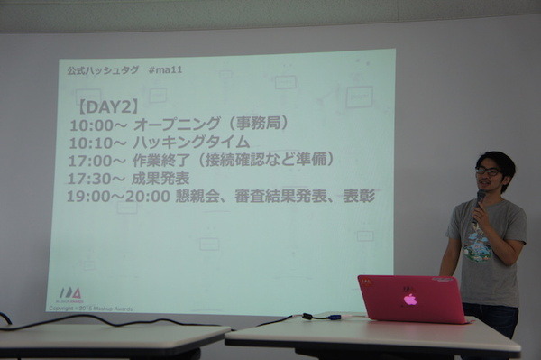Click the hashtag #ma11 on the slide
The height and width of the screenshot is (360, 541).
click(x=164, y=70)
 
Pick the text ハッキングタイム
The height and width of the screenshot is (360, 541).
click(x=190, y=143)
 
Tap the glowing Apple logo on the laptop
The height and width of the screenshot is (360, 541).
click(x=410, y=299)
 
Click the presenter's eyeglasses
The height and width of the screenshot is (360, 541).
click(x=488, y=171)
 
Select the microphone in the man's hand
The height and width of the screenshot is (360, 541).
click(x=479, y=199)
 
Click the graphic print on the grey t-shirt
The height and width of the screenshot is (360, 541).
click(x=480, y=243)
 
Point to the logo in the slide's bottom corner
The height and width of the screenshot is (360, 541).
click(x=69, y=294)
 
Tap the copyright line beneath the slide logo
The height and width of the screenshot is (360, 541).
click(x=90, y=309)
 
